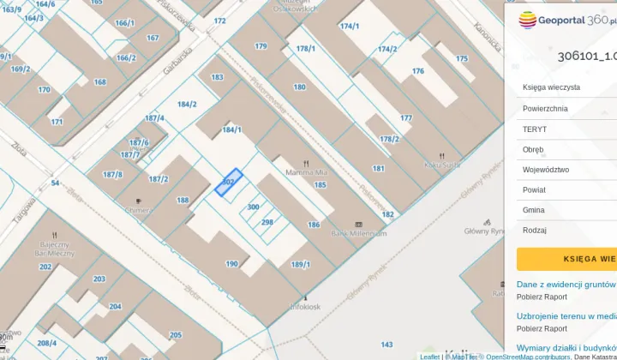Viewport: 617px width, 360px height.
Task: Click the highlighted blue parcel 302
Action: pos(228,183)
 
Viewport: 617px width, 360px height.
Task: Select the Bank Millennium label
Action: pos(359,233)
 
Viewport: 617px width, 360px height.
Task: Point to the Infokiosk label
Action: pos(304,305)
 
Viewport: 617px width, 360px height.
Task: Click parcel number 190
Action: pos(231,264)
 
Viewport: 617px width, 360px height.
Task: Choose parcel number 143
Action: pos(386,345)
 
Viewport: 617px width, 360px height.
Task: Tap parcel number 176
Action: pos(418,71)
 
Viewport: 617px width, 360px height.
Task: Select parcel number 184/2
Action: pos(187,105)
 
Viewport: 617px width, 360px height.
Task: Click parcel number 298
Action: pos(267,222)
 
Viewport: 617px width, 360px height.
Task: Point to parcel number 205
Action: pos(175,335)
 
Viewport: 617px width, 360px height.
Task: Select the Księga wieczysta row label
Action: pos(551,87)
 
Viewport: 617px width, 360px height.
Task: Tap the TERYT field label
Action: pos(535,129)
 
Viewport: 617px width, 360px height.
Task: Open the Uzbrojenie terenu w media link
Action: pos(566,315)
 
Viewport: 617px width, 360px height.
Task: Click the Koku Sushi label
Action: pos(443,164)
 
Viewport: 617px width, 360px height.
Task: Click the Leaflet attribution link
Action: pos(429,357)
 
